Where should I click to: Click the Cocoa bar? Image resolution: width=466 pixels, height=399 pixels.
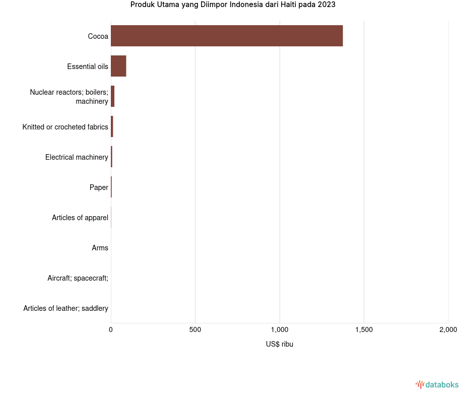tap(227, 36)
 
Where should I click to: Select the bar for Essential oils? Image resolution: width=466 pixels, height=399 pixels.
tap(118, 66)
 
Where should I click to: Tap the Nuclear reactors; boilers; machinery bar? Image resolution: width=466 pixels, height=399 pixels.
tap(113, 96)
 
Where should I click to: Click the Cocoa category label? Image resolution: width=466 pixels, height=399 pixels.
tap(98, 36)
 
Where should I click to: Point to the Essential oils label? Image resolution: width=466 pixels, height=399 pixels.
tap(88, 66)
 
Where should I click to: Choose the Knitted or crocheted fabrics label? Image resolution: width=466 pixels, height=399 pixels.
tap(65, 127)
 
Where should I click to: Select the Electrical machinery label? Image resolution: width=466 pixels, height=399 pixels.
tap(77, 157)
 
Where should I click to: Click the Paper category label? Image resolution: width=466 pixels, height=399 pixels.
tap(99, 187)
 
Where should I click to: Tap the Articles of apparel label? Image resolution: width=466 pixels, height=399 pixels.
tap(80, 218)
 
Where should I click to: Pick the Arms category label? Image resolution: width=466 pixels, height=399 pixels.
tap(100, 248)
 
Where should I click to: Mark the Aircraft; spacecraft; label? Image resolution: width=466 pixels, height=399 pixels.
tap(78, 278)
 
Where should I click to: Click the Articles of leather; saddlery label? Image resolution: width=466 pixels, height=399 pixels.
tap(66, 308)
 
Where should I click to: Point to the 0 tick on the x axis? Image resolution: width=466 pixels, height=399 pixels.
tap(111, 329)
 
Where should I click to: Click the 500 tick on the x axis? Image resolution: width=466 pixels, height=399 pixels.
tap(195, 329)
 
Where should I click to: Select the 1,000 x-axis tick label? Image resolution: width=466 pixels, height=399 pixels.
tap(280, 329)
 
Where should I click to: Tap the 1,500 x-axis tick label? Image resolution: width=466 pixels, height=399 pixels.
tap(364, 329)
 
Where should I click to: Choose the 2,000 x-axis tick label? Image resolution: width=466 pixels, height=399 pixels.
tap(448, 329)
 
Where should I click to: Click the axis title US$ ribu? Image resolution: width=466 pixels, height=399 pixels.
tap(280, 344)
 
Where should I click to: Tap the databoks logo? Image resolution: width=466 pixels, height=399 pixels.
tap(437, 385)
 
